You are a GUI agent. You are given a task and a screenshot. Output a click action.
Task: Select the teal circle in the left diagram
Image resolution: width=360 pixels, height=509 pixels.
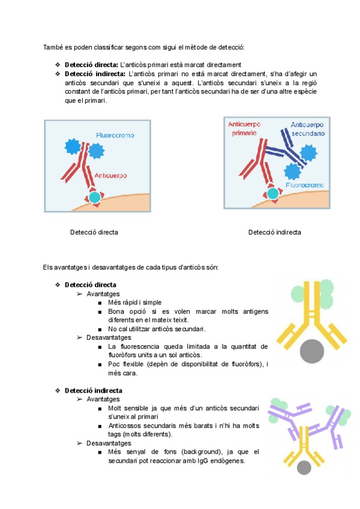coord(95,197)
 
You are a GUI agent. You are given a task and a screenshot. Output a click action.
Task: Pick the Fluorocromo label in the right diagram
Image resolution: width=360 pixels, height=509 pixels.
coord(305,185)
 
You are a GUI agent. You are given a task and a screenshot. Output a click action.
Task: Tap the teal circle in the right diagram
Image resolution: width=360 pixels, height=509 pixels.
coord(273,193)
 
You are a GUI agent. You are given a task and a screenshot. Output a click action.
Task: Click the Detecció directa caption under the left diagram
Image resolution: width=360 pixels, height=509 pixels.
coord(94,232)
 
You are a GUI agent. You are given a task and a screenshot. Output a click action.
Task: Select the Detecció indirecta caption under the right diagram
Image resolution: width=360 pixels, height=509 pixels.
coord(275,232)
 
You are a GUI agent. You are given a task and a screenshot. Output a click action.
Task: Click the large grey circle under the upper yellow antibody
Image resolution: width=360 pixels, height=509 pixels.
coord(315,351)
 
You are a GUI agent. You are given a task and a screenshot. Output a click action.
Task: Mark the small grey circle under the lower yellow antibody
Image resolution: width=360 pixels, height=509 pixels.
coord(305,468)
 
